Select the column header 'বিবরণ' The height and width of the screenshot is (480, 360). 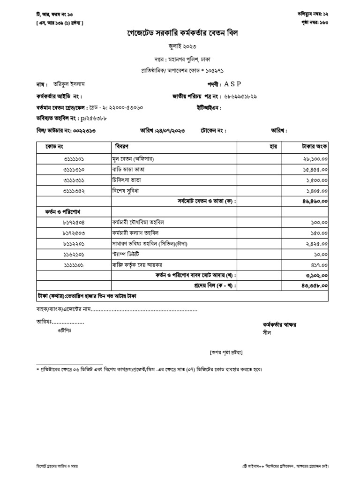point(121,147)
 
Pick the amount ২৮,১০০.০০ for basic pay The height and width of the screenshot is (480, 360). point(315,159)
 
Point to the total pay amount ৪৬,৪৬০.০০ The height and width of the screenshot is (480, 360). point(315,201)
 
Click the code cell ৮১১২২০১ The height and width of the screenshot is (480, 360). point(76,244)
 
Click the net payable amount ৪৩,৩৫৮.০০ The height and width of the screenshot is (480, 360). point(315,285)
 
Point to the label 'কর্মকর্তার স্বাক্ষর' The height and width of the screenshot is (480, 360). point(280,324)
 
